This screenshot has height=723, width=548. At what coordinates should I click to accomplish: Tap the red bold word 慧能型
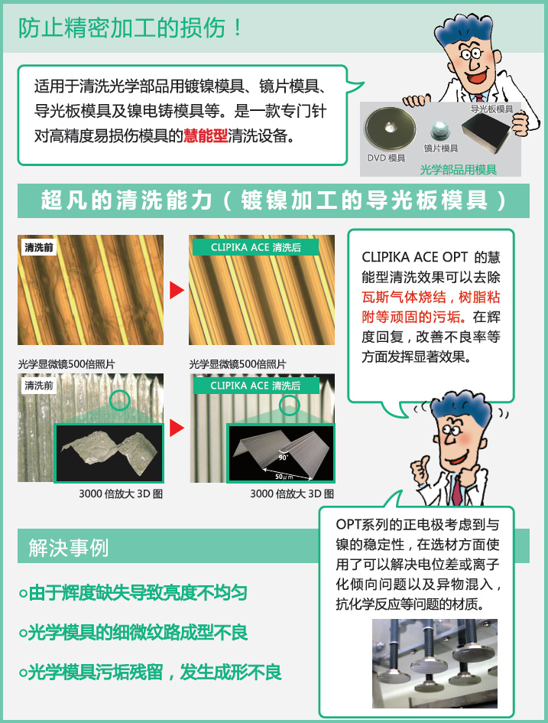206,135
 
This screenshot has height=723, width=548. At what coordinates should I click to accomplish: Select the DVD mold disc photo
390,128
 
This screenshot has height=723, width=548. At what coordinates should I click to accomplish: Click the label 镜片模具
441,148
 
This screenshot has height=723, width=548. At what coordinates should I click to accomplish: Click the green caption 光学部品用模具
459,170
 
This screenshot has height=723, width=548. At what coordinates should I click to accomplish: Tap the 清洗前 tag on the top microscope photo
39,248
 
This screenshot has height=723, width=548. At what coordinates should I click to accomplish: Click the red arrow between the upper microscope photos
177,290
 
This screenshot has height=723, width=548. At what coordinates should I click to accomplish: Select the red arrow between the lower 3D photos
177,428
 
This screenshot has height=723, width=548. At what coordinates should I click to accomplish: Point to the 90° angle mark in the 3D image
283,456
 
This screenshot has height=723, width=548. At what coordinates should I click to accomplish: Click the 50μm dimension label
284,477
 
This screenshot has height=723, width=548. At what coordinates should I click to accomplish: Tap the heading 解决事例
68,548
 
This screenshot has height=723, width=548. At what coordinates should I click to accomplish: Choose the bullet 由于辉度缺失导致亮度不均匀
133,592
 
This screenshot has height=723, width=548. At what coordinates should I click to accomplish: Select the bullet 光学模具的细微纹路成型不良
134,632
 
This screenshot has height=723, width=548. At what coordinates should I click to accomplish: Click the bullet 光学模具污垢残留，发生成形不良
150,672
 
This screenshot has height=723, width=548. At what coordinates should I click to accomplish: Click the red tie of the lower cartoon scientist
456,490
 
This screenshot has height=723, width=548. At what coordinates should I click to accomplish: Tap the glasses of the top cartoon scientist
471,55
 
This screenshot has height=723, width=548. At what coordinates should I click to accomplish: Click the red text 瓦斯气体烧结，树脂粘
430,297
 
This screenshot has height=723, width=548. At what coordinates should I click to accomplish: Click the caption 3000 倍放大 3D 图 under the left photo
121,493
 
